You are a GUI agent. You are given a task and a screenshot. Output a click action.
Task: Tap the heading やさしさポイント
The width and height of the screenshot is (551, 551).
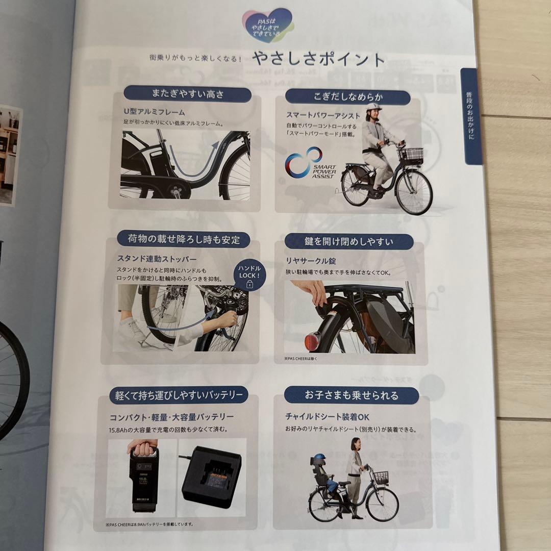tap(318, 60)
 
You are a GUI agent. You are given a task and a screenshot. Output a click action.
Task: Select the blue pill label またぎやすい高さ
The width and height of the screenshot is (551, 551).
tap(188, 94)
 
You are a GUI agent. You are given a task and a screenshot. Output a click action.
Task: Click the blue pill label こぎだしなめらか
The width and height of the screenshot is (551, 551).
tap(347, 97)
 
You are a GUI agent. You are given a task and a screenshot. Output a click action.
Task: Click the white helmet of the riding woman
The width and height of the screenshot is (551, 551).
tap(373, 108)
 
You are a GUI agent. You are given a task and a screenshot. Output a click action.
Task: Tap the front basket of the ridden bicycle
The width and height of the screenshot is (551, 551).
tap(411, 155)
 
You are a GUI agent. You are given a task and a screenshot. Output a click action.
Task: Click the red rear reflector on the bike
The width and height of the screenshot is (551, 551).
tap(312, 338)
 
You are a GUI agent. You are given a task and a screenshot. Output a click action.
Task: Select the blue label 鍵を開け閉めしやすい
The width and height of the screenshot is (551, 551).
tap(348, 241)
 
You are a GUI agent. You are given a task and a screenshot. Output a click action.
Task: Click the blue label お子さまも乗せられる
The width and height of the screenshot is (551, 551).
tap(351, 395)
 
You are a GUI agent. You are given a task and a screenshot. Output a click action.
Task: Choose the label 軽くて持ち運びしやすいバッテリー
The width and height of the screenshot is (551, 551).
tap(179, 394)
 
